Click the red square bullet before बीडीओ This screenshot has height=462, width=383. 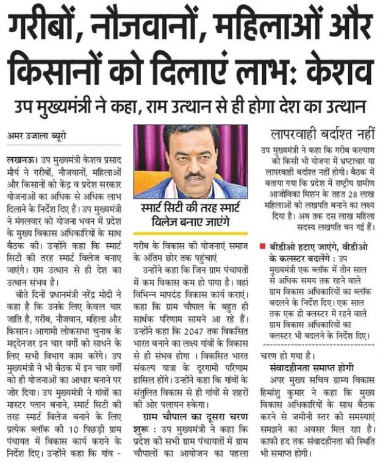(262, 246)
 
